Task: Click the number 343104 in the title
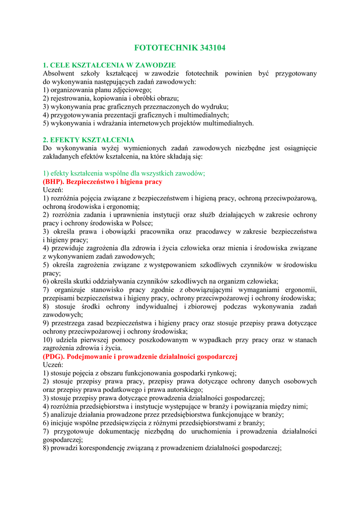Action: (213, 48)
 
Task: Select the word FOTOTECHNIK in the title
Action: (166, 48)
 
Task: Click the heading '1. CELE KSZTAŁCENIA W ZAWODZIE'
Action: (109, 65)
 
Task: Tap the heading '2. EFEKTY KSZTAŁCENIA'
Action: (88, 140)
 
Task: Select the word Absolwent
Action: (59, 73)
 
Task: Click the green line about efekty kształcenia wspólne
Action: (124, 173)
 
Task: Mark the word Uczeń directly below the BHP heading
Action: (53, 190)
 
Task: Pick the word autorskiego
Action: (184, 389)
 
